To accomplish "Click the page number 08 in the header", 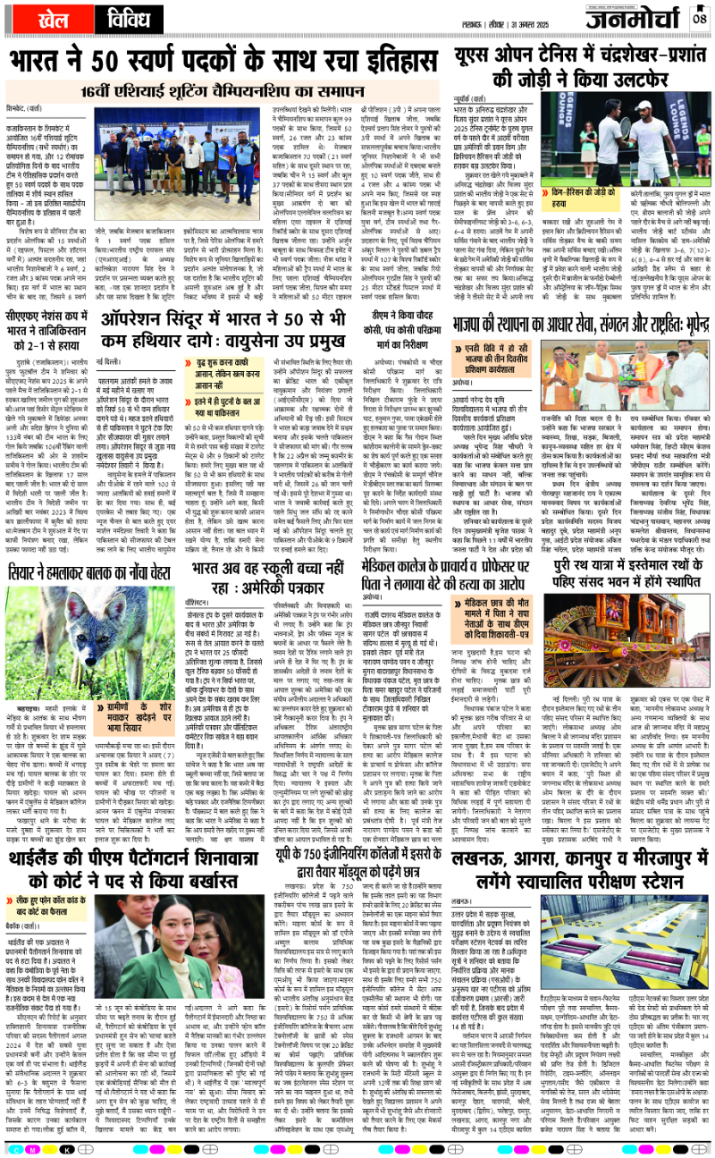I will [699, 17].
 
